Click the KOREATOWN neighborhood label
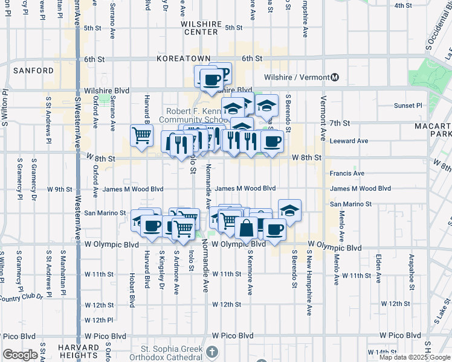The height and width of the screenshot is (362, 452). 182,59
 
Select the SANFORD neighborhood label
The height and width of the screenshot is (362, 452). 34,71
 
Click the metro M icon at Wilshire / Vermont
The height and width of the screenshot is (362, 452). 335,77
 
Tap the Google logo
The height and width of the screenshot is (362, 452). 20,355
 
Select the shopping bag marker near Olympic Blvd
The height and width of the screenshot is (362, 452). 247,229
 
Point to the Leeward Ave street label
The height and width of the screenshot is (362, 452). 349,141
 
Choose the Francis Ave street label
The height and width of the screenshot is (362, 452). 347,173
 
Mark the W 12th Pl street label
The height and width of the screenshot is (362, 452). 99,320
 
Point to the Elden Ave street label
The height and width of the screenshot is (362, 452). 378,268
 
